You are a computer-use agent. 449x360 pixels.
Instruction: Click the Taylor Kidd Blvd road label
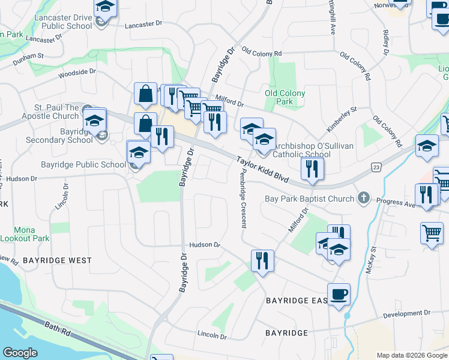point(263,170)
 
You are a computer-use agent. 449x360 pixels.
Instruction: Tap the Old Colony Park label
point(285,97)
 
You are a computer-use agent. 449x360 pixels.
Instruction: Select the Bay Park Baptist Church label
point(310,199)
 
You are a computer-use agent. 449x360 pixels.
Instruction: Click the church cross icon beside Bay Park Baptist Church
point(363,197)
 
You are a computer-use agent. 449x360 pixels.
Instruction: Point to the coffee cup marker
point(339,294)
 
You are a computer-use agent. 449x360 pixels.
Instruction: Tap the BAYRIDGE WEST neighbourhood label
point(58,260)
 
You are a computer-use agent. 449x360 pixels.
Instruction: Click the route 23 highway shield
point(376,167)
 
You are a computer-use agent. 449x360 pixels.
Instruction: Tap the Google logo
point(20,353)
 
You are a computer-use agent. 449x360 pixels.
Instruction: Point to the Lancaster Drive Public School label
point(64,22)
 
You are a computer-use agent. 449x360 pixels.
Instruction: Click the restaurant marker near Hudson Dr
point(262,261)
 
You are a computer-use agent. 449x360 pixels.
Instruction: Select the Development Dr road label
point(407,314)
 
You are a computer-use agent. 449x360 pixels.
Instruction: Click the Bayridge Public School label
point(83,164)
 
